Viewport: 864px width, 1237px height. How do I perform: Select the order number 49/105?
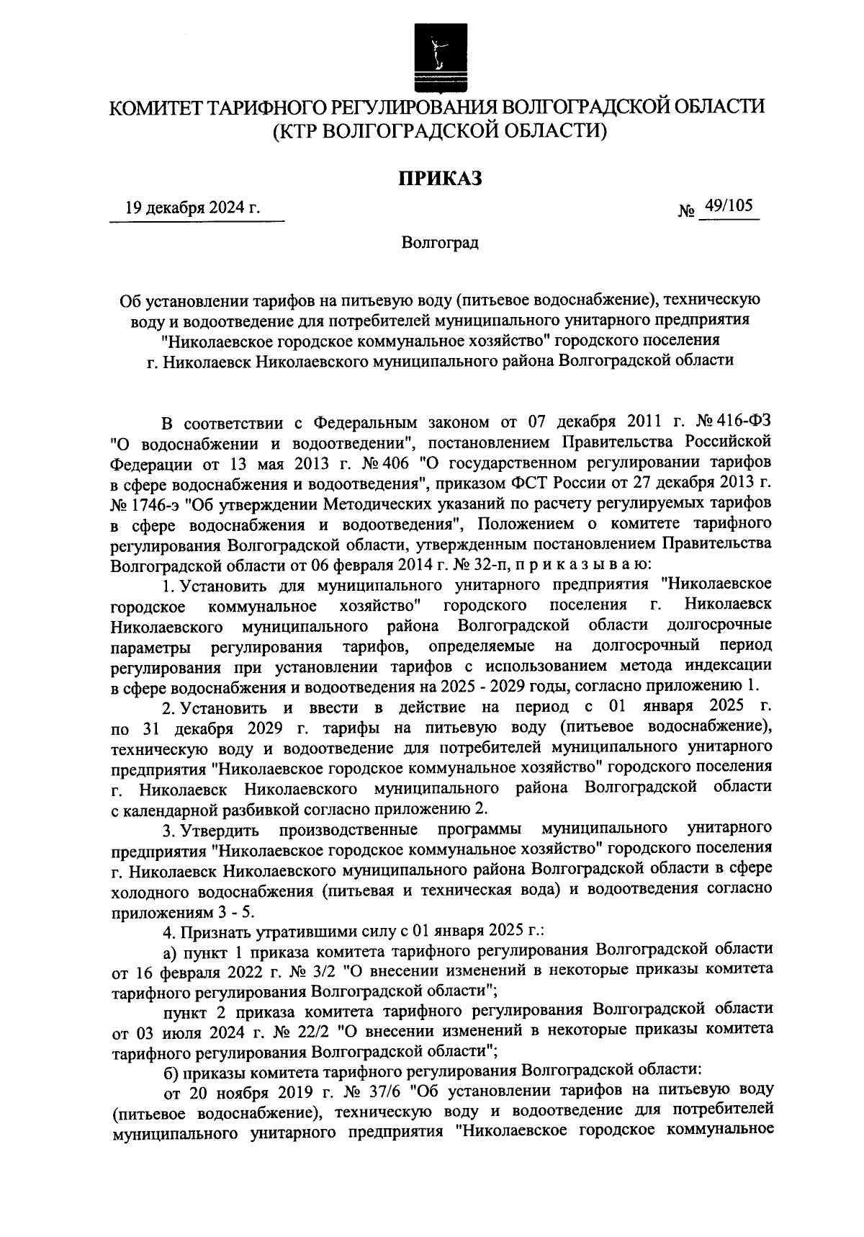[729, 207]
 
